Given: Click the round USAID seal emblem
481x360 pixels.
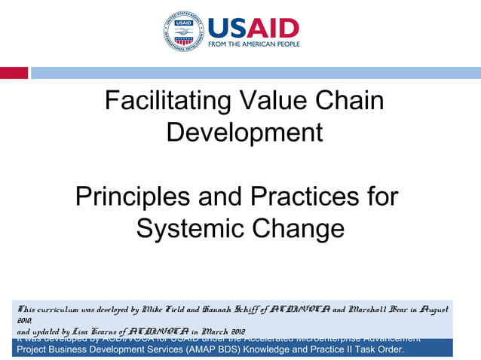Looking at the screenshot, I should tap(183, 32).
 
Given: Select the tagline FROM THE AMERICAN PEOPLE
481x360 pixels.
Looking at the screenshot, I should tap(253, 44).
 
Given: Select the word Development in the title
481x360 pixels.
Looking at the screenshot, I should tap(244, 132).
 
